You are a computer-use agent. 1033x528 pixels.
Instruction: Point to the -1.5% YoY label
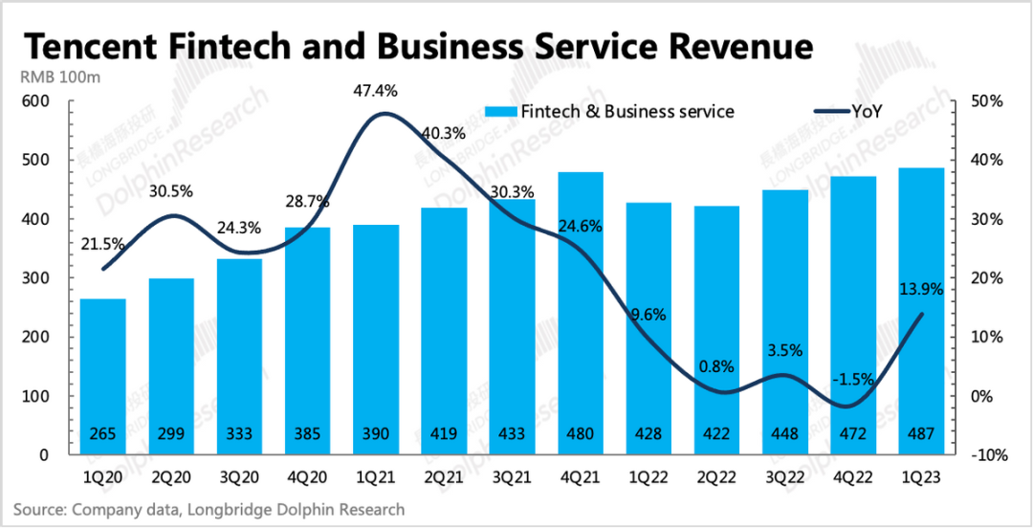[827, 379]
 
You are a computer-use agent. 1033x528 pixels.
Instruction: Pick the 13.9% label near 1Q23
[921, 287]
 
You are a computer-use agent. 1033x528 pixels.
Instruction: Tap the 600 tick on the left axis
[33, 102]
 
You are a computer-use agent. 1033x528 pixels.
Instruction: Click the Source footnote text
[209, 510]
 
